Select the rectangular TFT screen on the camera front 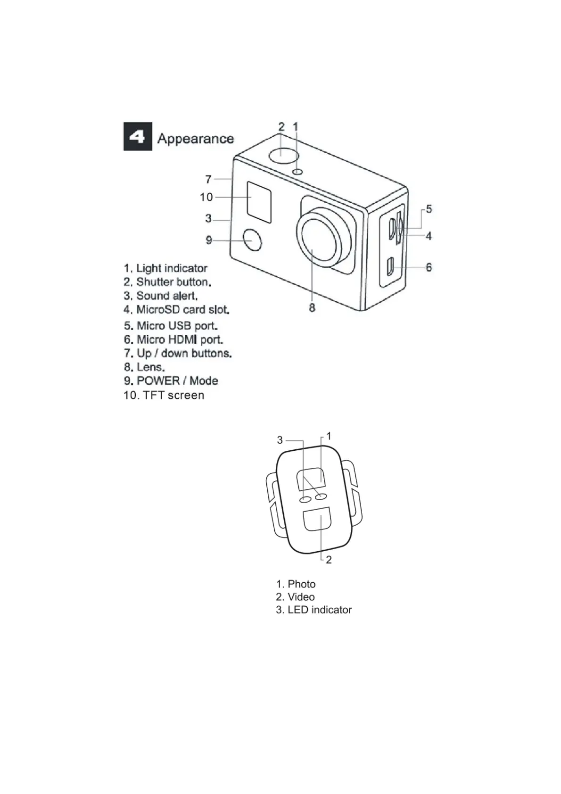(259, 202)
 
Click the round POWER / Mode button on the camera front (253, 240)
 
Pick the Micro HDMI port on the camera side (390, 267)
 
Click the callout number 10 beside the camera (206, 197)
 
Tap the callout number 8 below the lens (312, 308)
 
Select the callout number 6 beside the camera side (429, 267)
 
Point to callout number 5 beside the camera (429, 209)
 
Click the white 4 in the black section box (138, 137)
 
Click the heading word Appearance (196, 139)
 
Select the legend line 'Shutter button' (167, 282)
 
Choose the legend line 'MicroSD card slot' (177, 310)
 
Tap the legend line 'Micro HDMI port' (173, 339)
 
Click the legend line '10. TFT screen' (164, 395)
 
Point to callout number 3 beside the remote (280, 440)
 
